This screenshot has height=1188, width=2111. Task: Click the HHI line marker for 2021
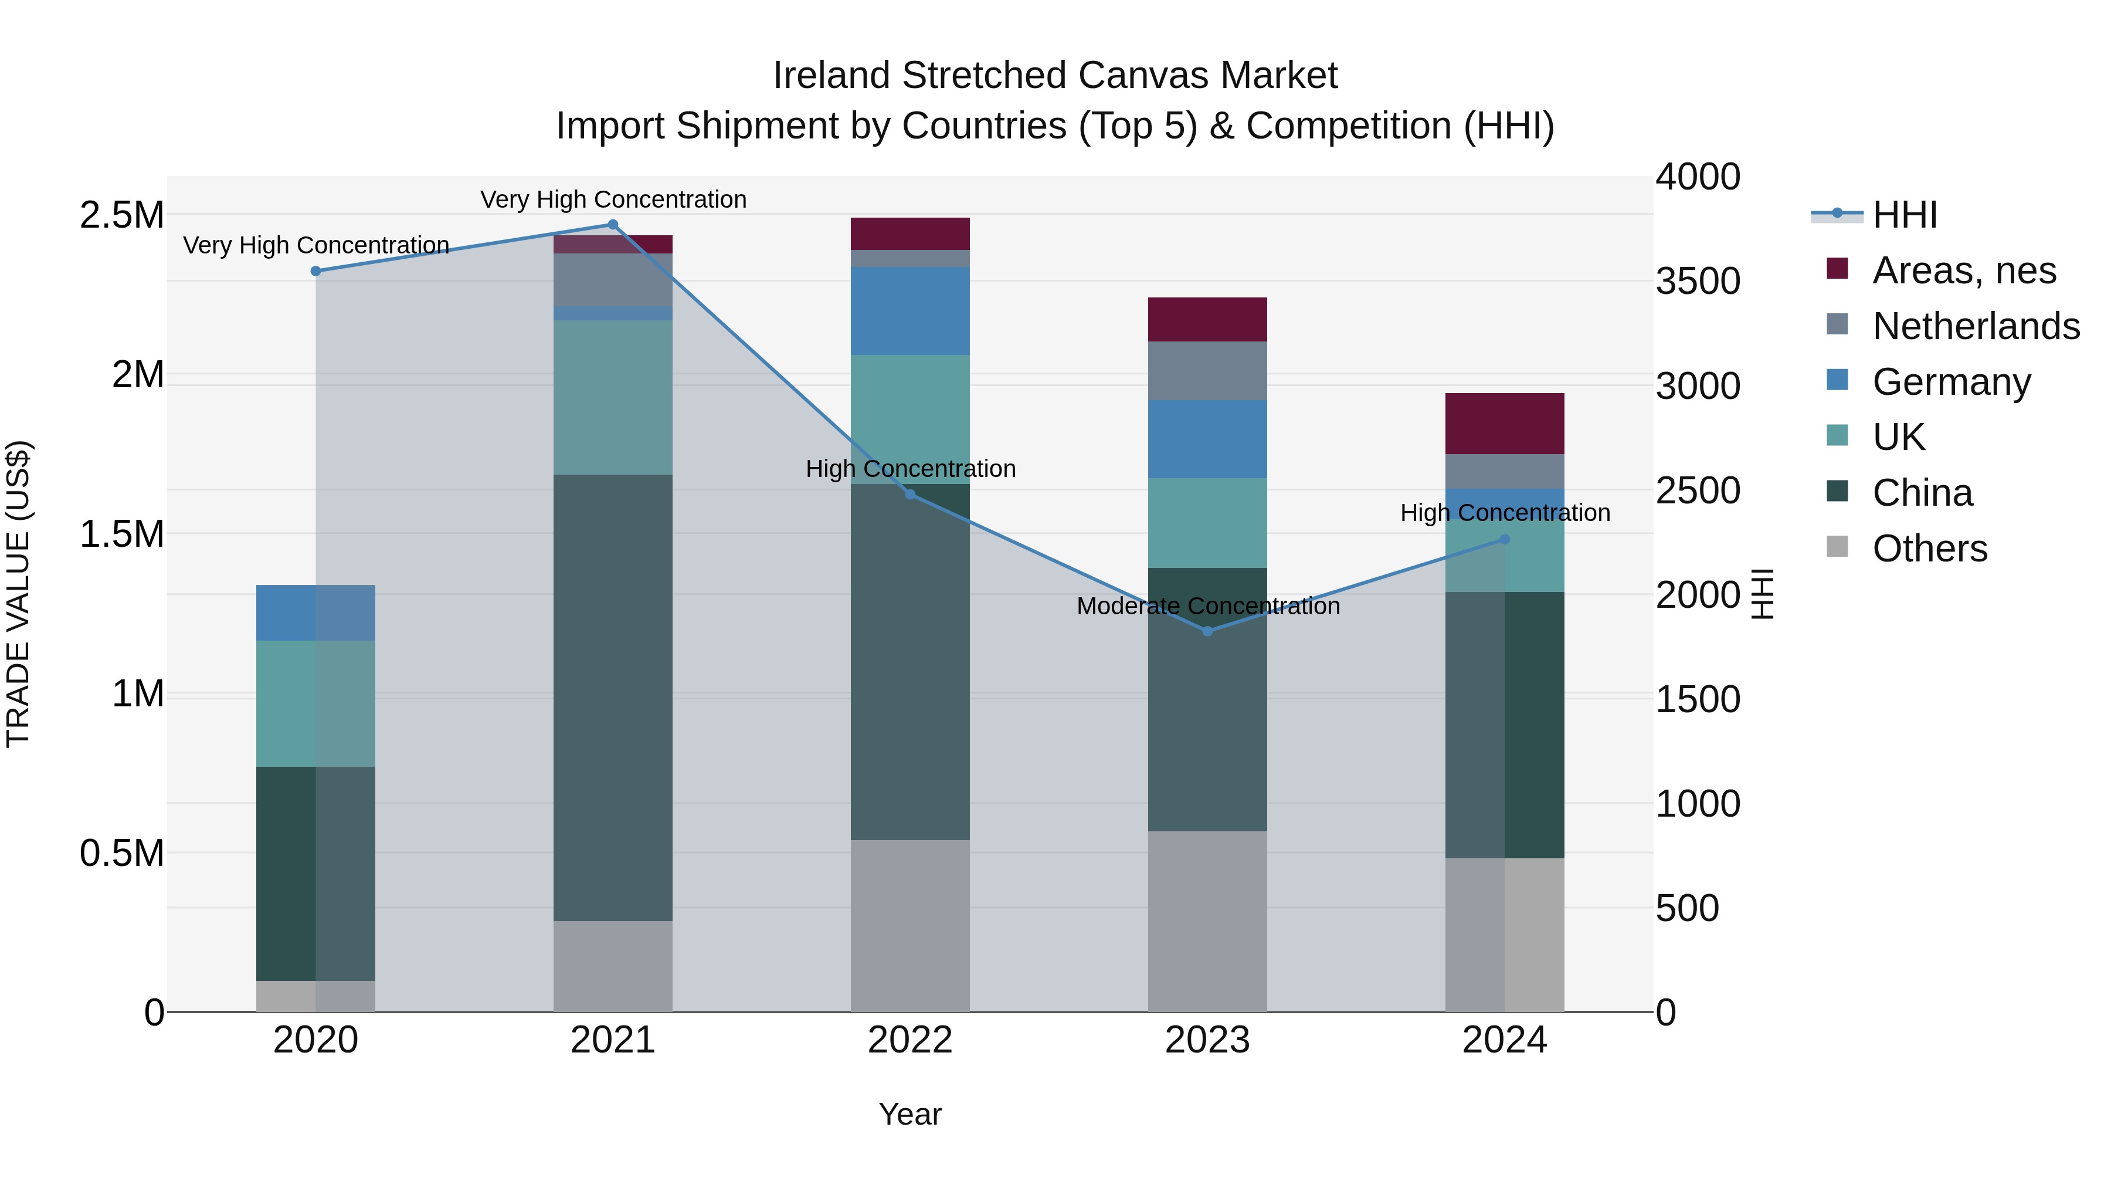tap(612, 225)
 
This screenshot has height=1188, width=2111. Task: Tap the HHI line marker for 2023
tap(1207, 631)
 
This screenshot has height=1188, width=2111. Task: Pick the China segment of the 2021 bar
tap(612, 697)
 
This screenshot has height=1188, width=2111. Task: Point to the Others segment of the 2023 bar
tap(1207, 922)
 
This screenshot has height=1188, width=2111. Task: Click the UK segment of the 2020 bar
tap(315, 703)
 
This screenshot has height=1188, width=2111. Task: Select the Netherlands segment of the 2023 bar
tap(1207, 371)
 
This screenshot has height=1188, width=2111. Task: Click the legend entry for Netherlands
tap(1975, 326)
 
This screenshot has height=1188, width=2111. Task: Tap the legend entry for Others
tap(1929, 549)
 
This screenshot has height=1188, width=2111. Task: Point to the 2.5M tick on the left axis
tap(121, 216)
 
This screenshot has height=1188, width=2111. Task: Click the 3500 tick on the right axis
tap(1697, 281)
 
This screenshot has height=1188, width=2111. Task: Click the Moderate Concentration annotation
tap(1208, 606)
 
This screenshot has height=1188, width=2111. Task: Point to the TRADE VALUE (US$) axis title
tap(18, 594)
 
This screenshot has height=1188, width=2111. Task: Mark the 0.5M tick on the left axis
tap(121, 854)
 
